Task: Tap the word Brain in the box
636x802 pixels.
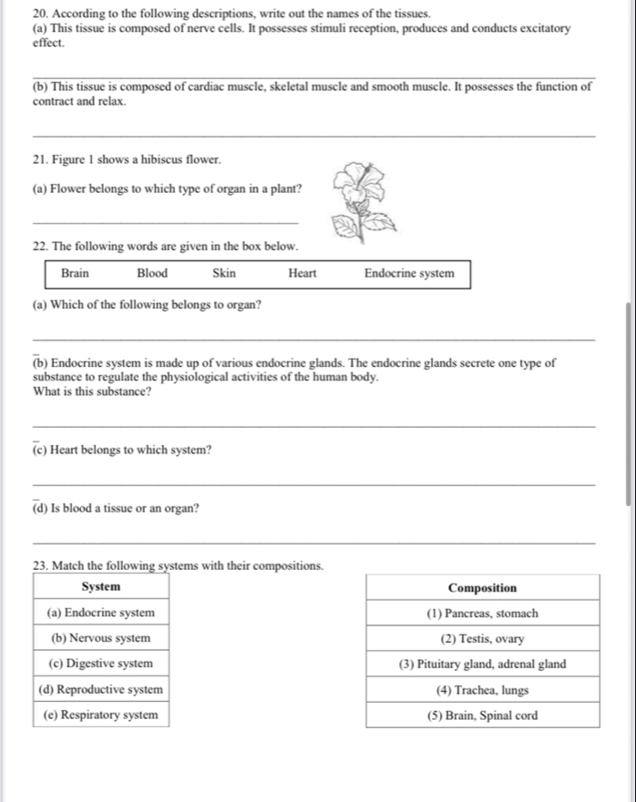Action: click(75, 273)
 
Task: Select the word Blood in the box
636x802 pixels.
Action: click(152, 273)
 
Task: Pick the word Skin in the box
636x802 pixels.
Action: click(224, 273)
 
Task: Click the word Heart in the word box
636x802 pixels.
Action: click(303, 273)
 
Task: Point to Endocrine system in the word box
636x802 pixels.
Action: click(409, 273)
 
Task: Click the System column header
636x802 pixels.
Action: click(101, 587)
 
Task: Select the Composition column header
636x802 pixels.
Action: click(483, 588)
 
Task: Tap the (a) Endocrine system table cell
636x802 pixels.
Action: click(101, 613)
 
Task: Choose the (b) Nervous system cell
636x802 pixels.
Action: click(101, 638)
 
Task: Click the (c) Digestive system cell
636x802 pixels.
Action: click(101, 664)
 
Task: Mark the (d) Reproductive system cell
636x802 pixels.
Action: click(101, 689)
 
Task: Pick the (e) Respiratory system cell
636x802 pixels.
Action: click(101, 715)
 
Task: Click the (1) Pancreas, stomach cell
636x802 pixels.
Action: click(483, 614)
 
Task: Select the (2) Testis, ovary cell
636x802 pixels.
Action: click(483, 639)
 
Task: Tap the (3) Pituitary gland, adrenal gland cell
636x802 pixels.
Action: click(483, 665)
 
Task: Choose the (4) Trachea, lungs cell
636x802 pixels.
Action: click(483, 690)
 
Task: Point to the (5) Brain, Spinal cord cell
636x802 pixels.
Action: click(483, 716)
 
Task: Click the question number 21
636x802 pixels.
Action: click(39, 160)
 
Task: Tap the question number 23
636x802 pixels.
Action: click(39, 566)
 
